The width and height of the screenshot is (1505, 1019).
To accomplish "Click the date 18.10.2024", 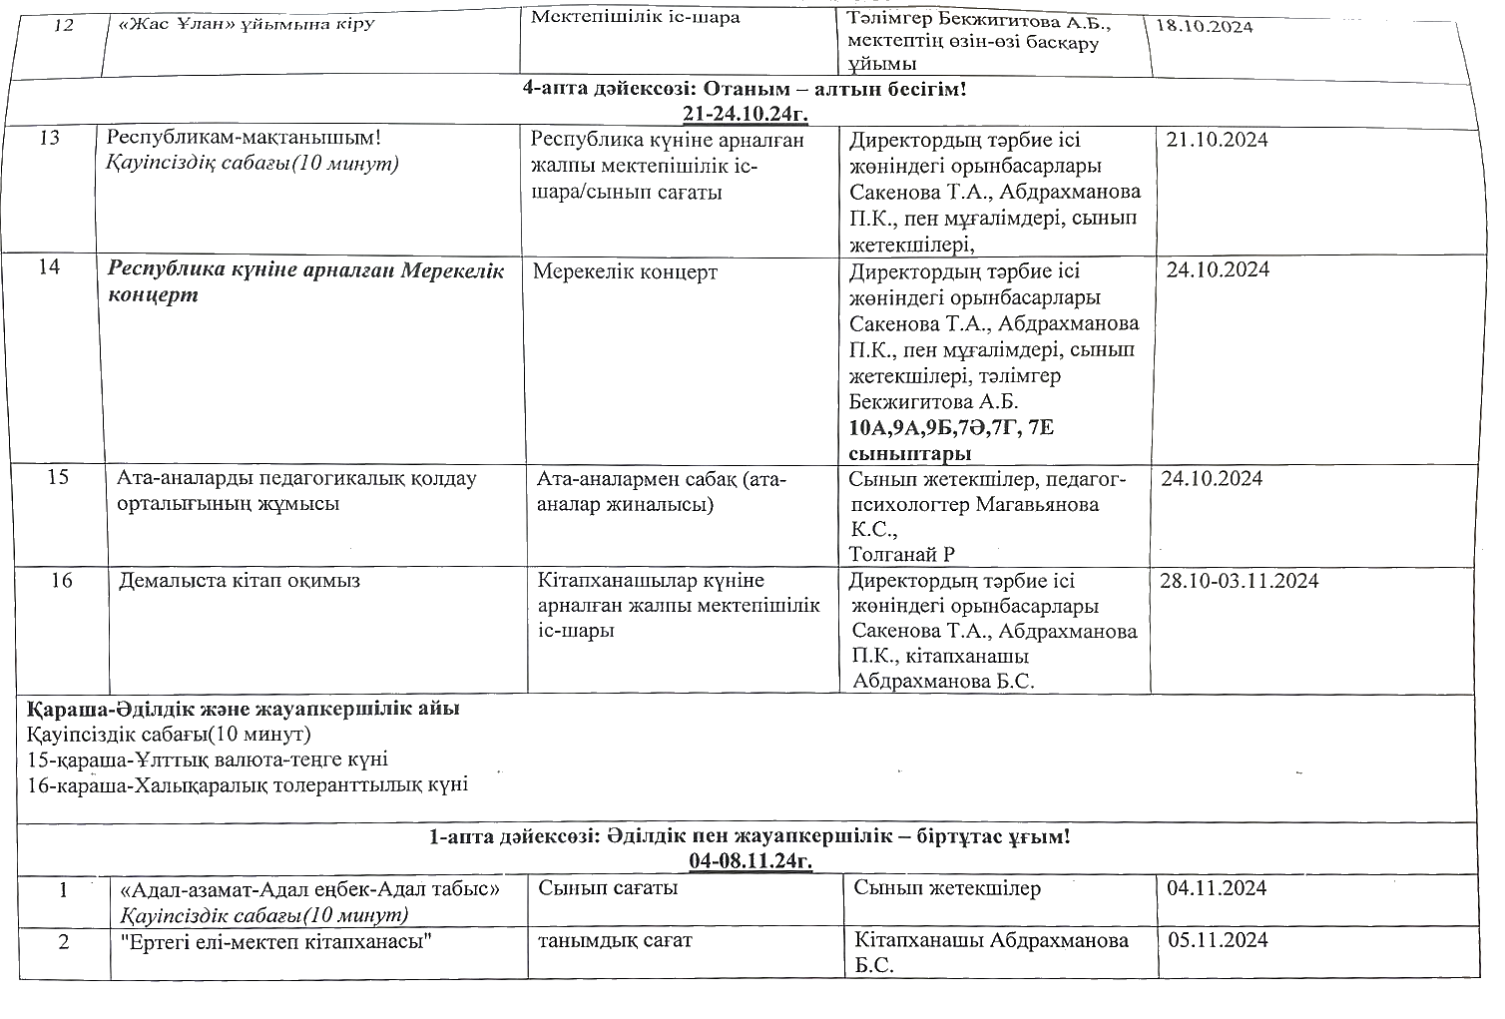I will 1204,26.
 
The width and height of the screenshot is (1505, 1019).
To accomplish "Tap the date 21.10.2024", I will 1217,140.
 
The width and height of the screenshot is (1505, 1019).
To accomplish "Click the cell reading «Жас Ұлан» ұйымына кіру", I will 247,22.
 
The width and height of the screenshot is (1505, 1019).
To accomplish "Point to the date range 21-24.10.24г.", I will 745,113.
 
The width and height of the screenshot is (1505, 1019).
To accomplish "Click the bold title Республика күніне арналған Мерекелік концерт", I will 305,282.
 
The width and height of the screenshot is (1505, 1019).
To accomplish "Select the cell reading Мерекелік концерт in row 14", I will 625,271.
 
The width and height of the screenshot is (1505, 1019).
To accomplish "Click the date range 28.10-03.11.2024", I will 1239,581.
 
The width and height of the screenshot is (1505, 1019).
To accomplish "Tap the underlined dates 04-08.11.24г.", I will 750,860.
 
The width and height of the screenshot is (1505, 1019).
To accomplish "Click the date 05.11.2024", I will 1217,940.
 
